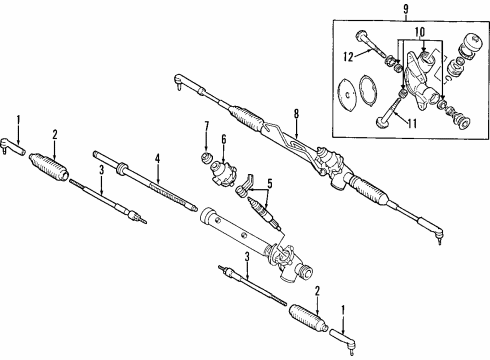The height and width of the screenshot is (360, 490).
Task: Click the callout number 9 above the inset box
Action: [406, 9]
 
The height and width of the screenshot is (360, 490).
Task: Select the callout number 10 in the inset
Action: [420, 32]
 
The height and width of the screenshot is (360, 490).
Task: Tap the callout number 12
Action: [348, 57]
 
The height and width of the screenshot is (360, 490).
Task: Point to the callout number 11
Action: [412, 124]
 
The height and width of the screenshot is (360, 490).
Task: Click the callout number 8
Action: [296, 114]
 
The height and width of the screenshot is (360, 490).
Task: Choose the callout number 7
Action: [207, 126]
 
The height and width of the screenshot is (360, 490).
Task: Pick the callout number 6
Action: [224, 139]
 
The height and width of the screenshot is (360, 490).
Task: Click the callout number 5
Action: [270, 183]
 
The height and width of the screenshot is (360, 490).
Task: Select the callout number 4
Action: [157, 159]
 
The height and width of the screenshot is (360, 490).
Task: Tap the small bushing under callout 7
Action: [207, 157]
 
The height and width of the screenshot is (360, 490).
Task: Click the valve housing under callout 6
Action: [223, 172]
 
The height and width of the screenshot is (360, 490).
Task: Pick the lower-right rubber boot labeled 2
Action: [308, 318]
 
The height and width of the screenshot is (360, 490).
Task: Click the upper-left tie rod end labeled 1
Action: [12, 147]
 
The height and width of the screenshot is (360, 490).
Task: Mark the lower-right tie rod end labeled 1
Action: [343, 339]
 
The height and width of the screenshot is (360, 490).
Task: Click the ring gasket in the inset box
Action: [368, 89]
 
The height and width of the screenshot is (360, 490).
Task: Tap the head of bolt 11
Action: [382, 121]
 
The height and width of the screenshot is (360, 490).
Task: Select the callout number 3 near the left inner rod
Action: [102, 170]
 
